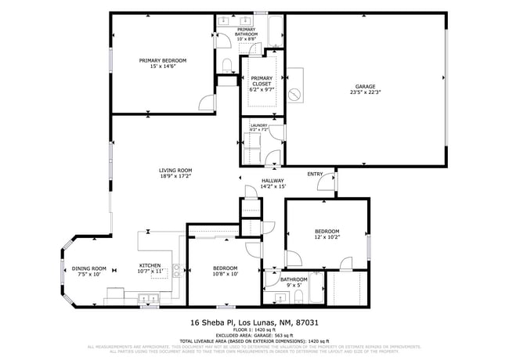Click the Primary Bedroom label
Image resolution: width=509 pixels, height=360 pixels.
[163, 60]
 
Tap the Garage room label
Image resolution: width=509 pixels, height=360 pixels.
[365, 86]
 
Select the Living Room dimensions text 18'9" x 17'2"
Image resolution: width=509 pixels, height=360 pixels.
[175, 177]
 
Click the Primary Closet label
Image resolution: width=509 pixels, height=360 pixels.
[262, 78]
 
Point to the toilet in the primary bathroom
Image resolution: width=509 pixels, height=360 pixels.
[226, 64]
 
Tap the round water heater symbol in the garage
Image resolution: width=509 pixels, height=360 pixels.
[294, 94]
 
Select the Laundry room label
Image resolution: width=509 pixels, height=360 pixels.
[258, 125]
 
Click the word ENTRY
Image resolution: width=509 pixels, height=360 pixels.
[315, 174]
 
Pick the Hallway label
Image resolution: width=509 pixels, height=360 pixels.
[273, 181]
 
